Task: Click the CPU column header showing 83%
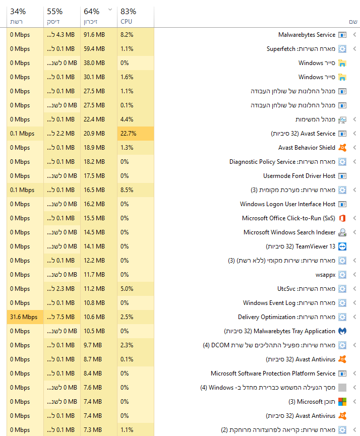click(x=128, y=16)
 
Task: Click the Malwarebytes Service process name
click(x=307, y=35)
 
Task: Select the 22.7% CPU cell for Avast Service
click(x=127, y=134)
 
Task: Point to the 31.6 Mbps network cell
click(x=24, y=317)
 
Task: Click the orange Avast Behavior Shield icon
click(x=342, y=148)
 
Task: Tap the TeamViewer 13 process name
click(x=301, y=246)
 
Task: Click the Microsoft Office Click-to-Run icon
click(x=342, y=218)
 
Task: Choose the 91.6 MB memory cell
click(x=94, y=35)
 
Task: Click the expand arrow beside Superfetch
click(x=354, y=49)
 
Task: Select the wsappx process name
click(x=325, y=275)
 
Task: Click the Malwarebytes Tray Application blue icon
click(x=342, y=331)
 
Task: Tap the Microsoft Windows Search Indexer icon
click(x=342, y=232)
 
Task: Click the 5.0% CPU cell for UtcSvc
click(x=127, y=289)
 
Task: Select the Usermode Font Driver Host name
click(x=299, y=176)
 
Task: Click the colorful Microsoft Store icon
click(x=342, y=402)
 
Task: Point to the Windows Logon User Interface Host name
click(x=287, y=204)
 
